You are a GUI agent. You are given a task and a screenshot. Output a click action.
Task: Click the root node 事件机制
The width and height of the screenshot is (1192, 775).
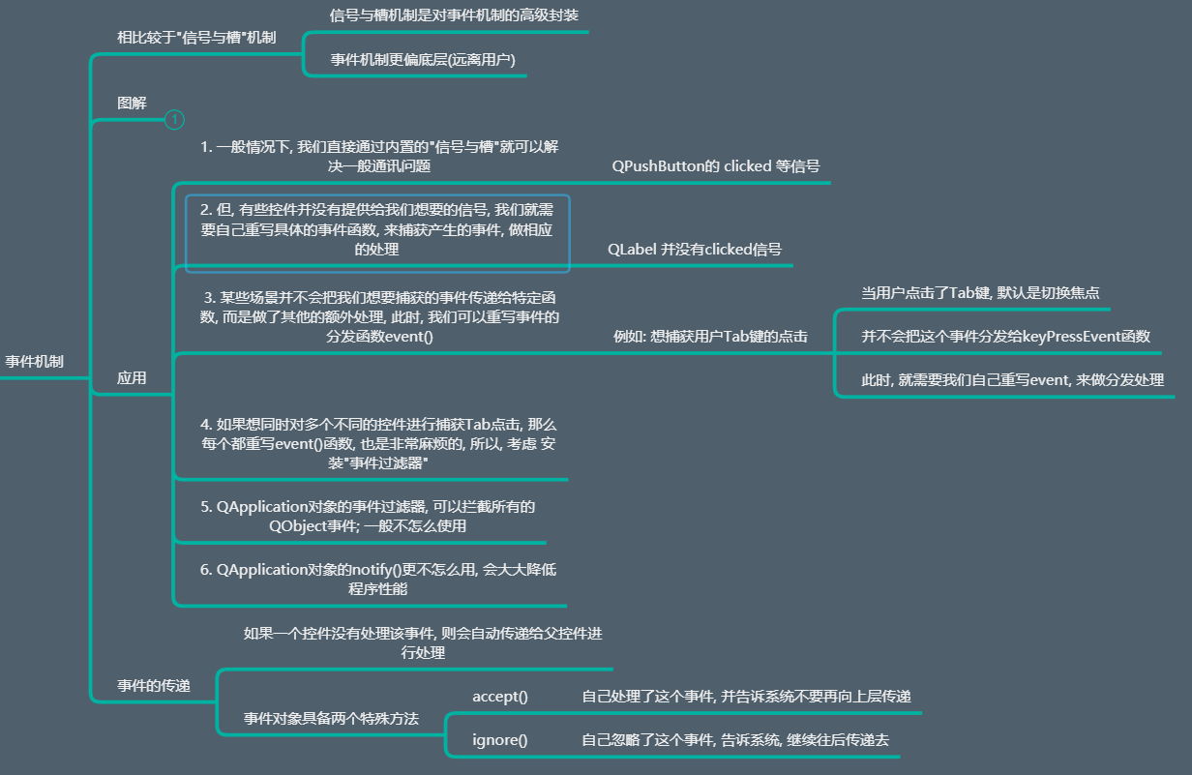35,361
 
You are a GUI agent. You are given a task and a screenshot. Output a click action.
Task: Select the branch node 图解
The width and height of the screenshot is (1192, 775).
132,103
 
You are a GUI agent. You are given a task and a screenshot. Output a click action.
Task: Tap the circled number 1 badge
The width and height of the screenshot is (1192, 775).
174,119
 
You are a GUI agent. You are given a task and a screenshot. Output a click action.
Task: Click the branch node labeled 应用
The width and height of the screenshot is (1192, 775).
132,378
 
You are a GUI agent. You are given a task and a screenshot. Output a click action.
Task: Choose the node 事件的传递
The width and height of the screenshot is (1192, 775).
153,685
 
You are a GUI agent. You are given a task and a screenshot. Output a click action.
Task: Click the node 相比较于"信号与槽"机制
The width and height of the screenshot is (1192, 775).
196,38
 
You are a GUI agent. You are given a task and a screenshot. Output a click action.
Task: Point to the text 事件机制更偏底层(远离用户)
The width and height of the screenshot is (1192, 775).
423,59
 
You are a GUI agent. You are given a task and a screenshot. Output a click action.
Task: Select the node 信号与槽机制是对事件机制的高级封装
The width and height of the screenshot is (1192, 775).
455,15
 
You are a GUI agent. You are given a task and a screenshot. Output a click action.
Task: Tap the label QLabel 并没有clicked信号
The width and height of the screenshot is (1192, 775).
695,249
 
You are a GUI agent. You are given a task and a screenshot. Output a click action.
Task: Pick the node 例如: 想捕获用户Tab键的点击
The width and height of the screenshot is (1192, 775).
710,337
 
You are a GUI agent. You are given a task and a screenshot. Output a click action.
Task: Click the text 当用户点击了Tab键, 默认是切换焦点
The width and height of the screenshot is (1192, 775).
980,292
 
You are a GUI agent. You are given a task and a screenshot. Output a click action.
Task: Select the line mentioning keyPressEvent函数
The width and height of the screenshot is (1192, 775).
1005,337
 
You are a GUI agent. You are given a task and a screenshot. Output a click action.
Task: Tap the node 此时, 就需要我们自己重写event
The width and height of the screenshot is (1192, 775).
1012,380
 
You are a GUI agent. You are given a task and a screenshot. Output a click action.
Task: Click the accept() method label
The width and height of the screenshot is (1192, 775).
500,697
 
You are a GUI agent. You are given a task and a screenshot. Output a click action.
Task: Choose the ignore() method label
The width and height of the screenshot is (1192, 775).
500,740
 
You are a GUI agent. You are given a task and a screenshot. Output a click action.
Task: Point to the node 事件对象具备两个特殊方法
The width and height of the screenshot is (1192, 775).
331,719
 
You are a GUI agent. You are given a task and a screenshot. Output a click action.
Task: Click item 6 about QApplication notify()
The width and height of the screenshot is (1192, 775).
378,579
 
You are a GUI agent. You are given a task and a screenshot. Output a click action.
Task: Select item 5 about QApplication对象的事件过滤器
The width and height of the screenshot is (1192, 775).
368,516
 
